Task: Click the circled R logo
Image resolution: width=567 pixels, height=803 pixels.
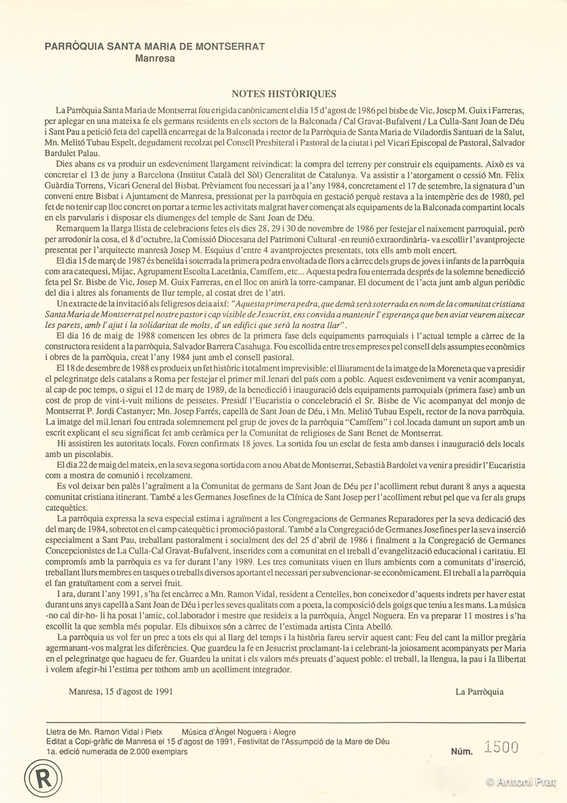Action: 40,777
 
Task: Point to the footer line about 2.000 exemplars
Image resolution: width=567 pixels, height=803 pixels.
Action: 117,751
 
